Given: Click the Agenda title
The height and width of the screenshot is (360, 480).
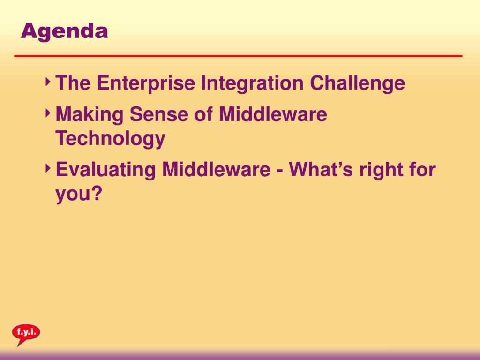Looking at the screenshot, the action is pyautogui.click(x=64, y=32).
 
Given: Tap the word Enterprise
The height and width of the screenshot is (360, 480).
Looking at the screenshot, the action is pyautogui.click(x=146, y=83).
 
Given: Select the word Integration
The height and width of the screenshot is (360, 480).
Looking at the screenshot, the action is pyautogui.click(x=252, y=83).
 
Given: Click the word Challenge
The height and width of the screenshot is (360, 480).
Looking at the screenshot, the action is pyautogui.click(x=357, y=83).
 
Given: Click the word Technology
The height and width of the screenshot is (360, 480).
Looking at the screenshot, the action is pyautogui.click(x=111, y=139).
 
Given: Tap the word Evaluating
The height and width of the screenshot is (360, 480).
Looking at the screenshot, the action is pyautogui.click(x=106, y=170).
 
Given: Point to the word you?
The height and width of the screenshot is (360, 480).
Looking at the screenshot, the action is pyautogui.click(x=79, y=194).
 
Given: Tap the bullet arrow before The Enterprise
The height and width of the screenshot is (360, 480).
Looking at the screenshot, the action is pyautogui.click(x=48, y=82).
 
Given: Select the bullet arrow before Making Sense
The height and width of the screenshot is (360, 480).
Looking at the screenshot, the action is pyautogui.click(x=48, y=112).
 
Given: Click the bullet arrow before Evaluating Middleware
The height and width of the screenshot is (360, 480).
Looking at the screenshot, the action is pyautogui.click(x=48, y=168).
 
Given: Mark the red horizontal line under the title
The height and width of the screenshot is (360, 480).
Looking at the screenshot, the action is pyautogui.click(x=238, y=56).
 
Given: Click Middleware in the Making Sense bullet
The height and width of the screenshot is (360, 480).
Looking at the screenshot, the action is pyautogui.click(x=273, y=114).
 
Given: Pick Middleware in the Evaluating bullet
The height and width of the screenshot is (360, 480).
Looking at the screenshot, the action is pyautogui.click(x=217, y=169).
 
